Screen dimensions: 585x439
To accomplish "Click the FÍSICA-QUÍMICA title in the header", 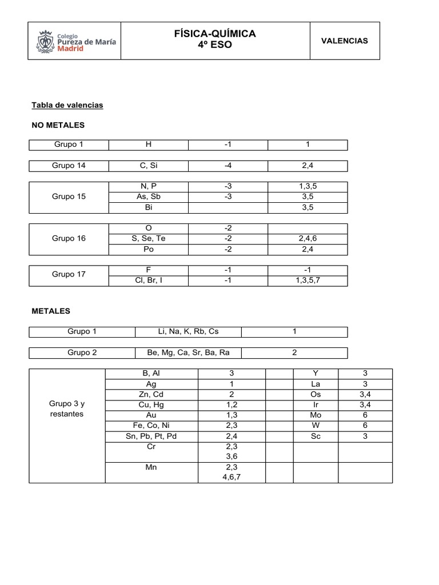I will [214, 34].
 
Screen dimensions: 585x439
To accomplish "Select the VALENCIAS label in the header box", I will [344, 41].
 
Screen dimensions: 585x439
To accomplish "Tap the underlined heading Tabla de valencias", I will [67, 105].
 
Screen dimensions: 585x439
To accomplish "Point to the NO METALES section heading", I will [58, 125].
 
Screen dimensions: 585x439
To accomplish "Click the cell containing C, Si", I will [148, 166].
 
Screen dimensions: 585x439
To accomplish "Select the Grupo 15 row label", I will [69, 197].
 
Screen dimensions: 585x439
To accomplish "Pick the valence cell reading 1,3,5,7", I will [308, 280].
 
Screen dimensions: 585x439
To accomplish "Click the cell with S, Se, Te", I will [148, 238].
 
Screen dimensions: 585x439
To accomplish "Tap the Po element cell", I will [148, 249].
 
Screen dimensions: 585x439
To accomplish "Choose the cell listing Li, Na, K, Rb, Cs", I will [188, 331].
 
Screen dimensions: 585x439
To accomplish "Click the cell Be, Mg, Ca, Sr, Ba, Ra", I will [188, 352].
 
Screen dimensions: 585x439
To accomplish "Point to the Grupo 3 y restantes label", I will [67, 408].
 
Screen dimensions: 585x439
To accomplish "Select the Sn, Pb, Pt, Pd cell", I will [151, 435].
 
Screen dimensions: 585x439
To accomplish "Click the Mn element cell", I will [151, 467].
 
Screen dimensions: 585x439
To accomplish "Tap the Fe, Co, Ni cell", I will [151, 425].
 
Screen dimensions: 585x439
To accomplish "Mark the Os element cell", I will [316, 394].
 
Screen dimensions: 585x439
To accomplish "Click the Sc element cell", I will [316, 435].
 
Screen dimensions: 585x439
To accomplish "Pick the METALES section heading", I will [51, 311].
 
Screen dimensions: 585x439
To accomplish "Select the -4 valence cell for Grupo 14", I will [228, 166].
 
